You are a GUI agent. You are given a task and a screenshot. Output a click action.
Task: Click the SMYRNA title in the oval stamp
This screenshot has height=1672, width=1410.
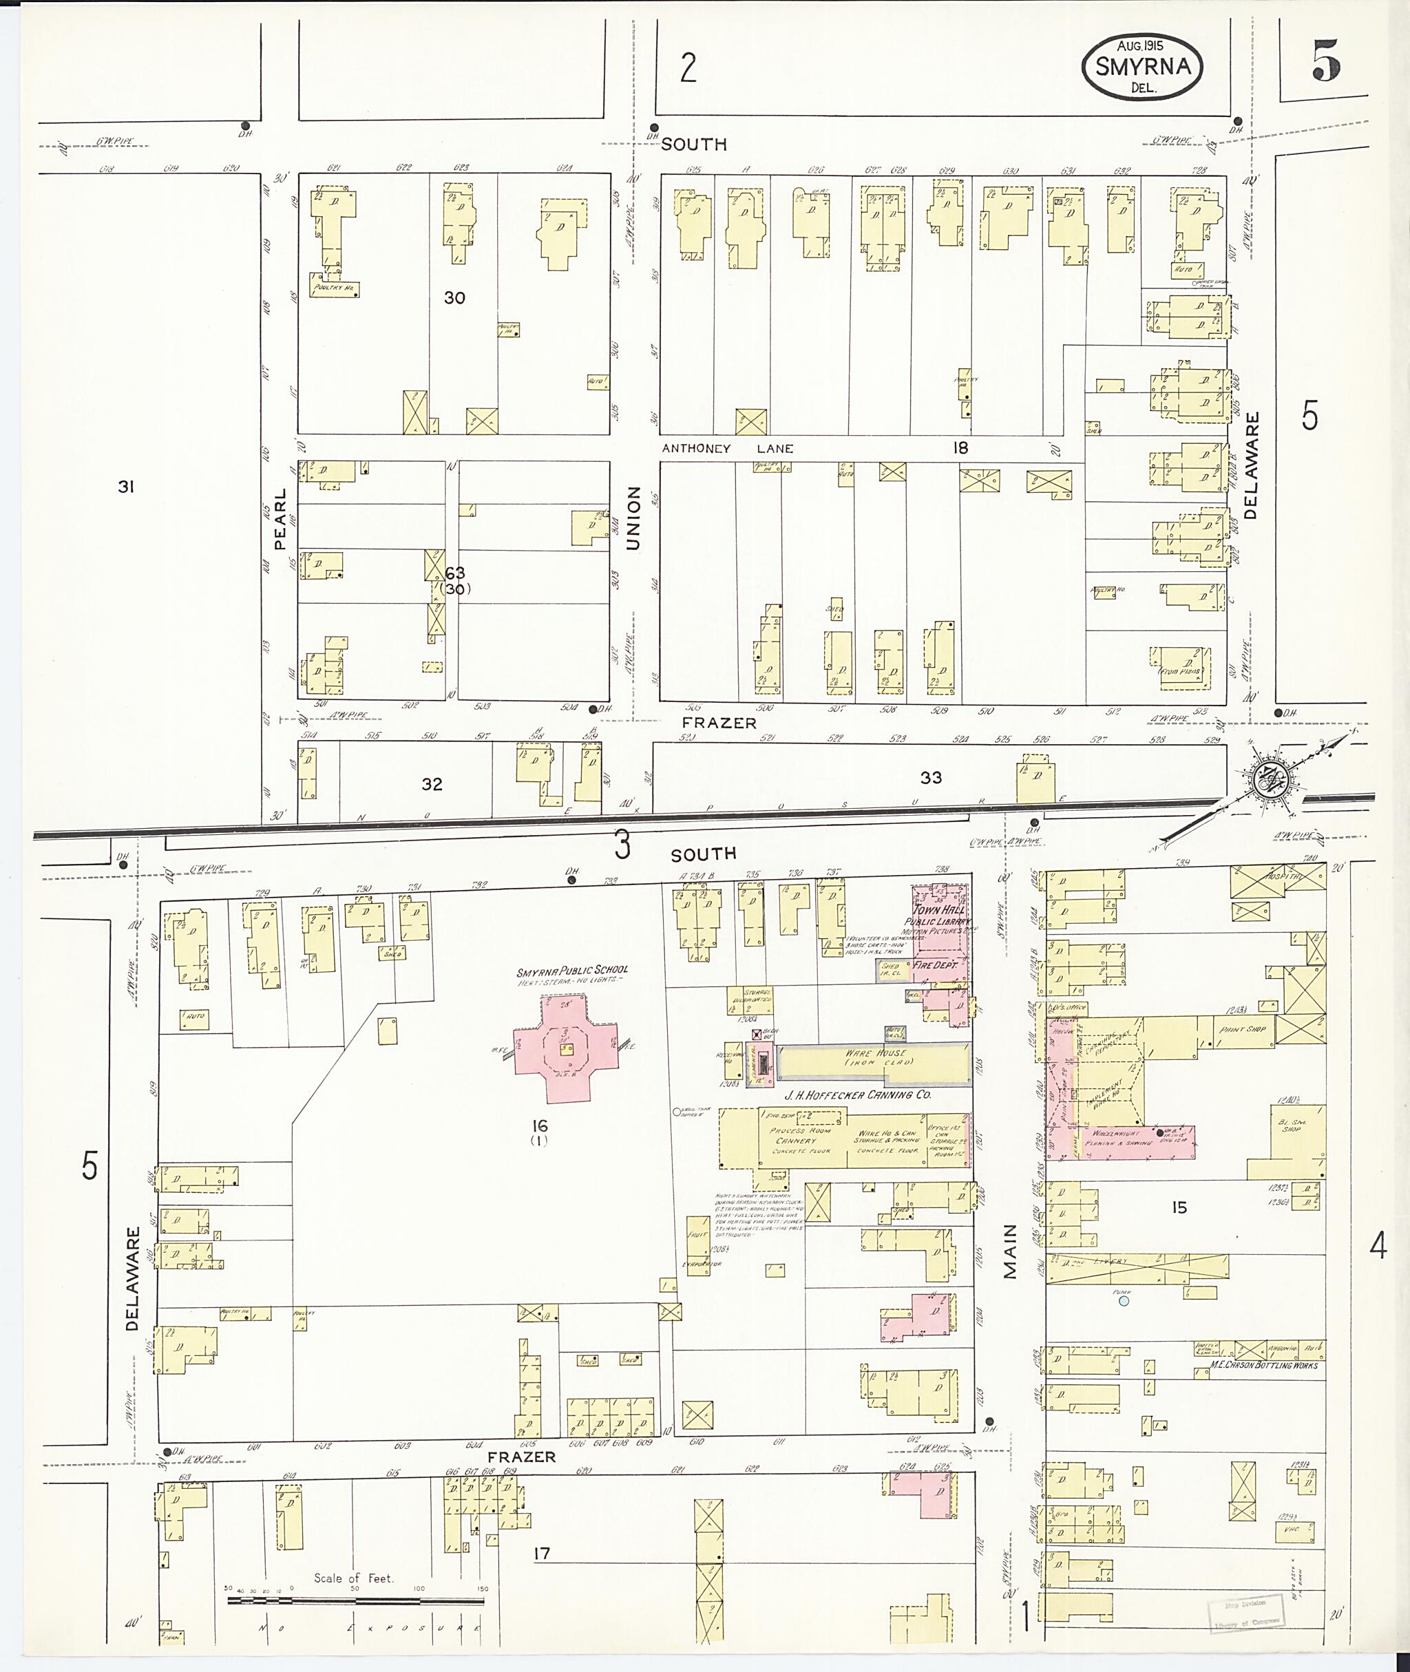pyautogui.click(x=1143, y=67)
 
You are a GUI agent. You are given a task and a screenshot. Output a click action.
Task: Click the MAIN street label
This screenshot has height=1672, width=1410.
pyautogui.click(x=1011, y=1251)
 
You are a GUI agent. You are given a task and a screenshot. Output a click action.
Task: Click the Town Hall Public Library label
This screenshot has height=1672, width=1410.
pyautogui.click(x=940, y=916)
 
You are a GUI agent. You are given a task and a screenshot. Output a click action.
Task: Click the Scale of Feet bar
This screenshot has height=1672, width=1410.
pyautogui.click(x=356, y=1601)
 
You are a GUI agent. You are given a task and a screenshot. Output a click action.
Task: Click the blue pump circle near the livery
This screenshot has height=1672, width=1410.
pyautogui.click(x=1124, y=1302)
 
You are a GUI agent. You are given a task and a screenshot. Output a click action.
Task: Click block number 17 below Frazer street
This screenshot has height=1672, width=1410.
pyautogui.click(x=542, y=1554)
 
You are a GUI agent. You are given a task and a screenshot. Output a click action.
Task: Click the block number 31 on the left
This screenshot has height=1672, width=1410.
pyautogui.click(x=125, y=486)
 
